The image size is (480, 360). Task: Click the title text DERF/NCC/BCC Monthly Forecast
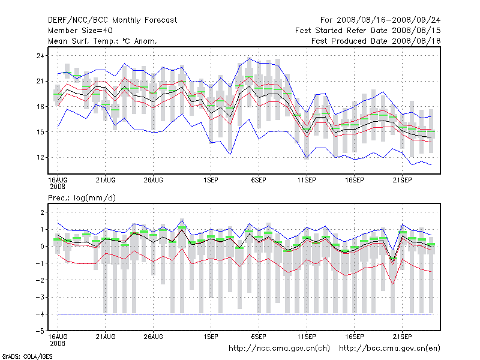pyautogui.click(x=112, y=20)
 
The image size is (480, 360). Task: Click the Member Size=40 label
pyautogui.click(x=79, y=31)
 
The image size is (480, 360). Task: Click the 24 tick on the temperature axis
pyautogui.click(x=40, y=56)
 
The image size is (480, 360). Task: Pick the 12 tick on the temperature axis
pyautogui.click(x=40, y=157)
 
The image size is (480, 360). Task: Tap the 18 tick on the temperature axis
pyautogui.click(x=40, y=107)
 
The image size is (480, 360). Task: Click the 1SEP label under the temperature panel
pyautogui.click(x=211, y=179)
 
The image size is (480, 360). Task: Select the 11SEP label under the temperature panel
pyautogui.click(x=307, y=179)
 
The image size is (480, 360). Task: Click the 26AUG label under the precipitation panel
pyautogui.click(x=154, y=336)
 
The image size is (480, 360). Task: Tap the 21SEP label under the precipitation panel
pyautogui.click(x=402, y=336)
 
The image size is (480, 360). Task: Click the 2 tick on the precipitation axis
pyautogui.click(x=41, y=212)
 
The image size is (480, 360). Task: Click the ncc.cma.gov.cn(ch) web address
pyautogui.click(x=280, y=348)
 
